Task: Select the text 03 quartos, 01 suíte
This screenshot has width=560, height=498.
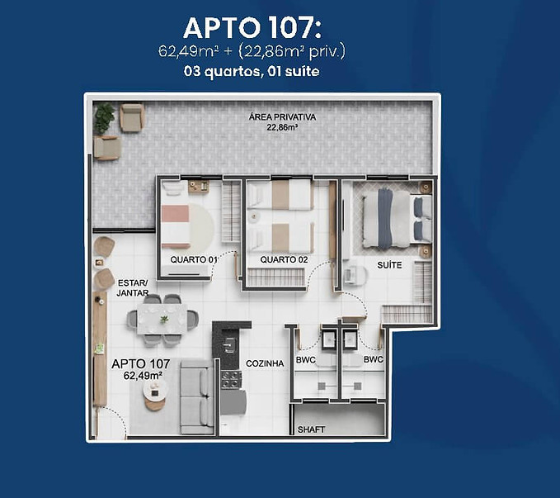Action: pyautogui.click(x=252, y=72)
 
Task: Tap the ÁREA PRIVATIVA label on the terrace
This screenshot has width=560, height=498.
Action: pyautogui.click(x=282, y=117)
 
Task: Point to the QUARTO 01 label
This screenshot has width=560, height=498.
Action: pyautogui.click(x=194, y=260)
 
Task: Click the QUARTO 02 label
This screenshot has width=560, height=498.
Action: pyautogui.click(x=284, y=260)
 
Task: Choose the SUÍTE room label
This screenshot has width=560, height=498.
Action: pyautogui.click(x=389, y=265)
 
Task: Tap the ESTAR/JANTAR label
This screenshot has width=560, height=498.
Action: pyautogui.click(x=133, y=287)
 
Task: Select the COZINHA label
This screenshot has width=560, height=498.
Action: pyautogui.click(x=264, y=363)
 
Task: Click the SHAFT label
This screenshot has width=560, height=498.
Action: pyautogui.click(x=311, y=429)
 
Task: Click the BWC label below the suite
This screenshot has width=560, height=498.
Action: pyautogui.click(x=373, y=360)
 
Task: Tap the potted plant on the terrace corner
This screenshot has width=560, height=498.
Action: pyautogui.click(x=103, y=118)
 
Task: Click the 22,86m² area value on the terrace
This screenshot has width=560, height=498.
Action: pyautogui.click(x=282, y=128)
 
